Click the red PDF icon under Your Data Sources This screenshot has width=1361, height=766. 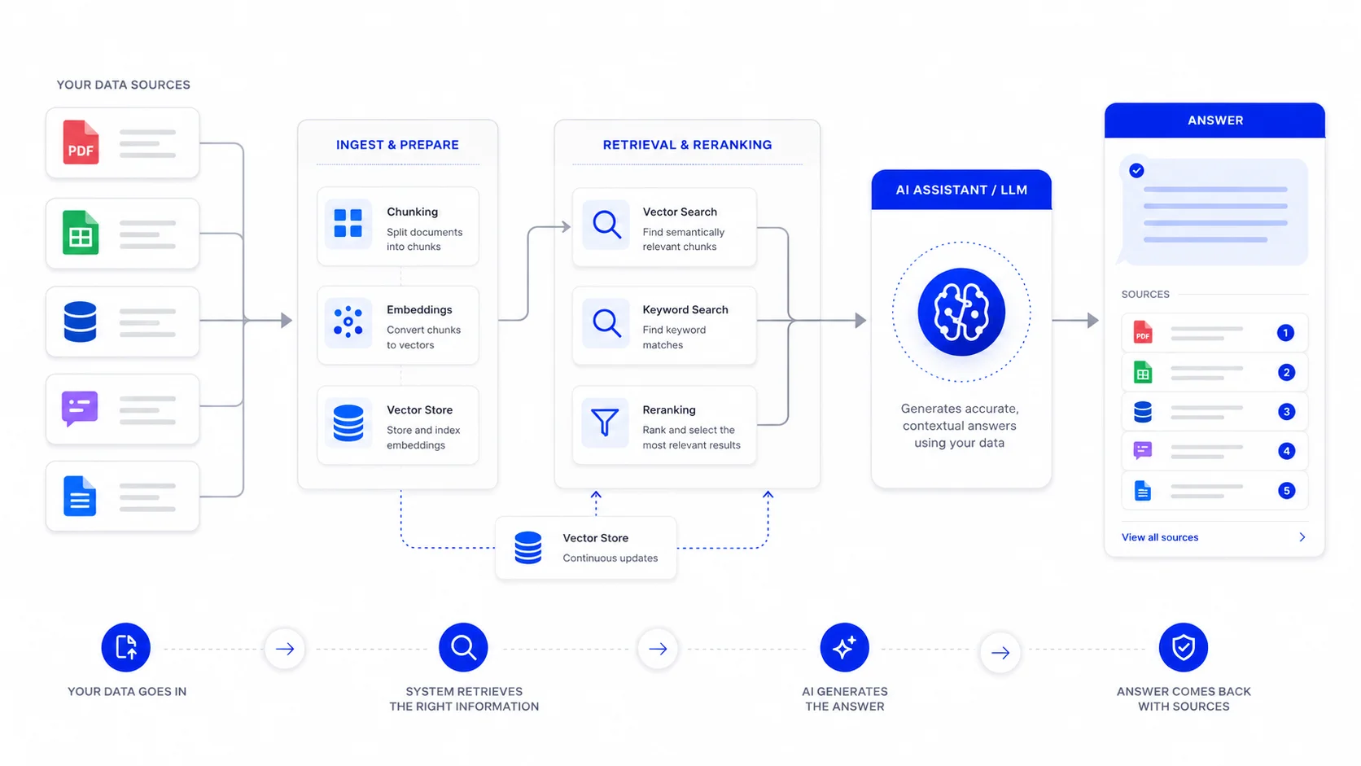[81, 142]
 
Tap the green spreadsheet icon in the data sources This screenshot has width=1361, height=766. [81, 233]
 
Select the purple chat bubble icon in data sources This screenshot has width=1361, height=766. [80, 408]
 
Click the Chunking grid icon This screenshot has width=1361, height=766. [348, 224]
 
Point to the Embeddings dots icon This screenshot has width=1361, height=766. [348, 322]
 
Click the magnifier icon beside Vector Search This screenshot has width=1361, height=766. [606, 224]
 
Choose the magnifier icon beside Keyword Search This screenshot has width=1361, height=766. [606, 322]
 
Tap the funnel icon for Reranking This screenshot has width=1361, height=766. [605, 422]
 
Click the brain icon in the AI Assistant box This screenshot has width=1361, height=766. [961, 312]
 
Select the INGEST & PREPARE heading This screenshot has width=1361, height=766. [397, 145]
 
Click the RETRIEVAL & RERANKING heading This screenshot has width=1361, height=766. [687, 145]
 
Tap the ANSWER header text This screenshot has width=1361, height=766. [1215, 120]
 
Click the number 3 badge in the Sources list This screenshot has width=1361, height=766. [1285, 412]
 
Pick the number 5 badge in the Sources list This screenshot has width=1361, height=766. [1285, 490]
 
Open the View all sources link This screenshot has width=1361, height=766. [1159, 537]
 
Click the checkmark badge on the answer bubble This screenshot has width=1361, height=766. [1136, 171]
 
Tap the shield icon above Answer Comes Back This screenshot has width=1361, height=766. [1183, 647]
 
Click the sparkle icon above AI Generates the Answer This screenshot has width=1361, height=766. [844, 647]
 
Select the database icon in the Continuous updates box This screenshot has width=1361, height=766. [528, 547]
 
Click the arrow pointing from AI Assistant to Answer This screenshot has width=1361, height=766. [1075, 320]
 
